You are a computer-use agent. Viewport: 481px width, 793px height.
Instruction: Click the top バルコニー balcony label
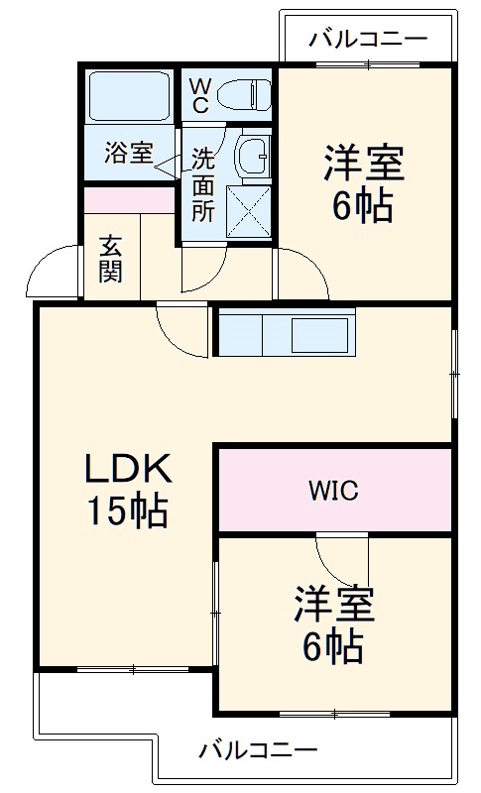[367, 40]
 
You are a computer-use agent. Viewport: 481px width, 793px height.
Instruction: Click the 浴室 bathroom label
[129, 154]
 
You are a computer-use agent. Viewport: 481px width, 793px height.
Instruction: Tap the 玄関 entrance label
[110, 257]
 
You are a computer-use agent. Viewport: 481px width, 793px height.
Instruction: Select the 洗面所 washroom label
[202, 184]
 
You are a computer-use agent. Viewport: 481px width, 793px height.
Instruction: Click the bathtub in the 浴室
[129, 97]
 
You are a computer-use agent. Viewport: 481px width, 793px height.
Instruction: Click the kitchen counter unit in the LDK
[285, 333]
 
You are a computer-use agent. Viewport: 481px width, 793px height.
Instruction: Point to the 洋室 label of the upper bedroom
[364, 163]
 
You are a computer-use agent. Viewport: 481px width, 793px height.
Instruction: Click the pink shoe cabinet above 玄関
[129, 198]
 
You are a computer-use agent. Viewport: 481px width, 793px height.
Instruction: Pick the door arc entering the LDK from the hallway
[180, 331]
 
